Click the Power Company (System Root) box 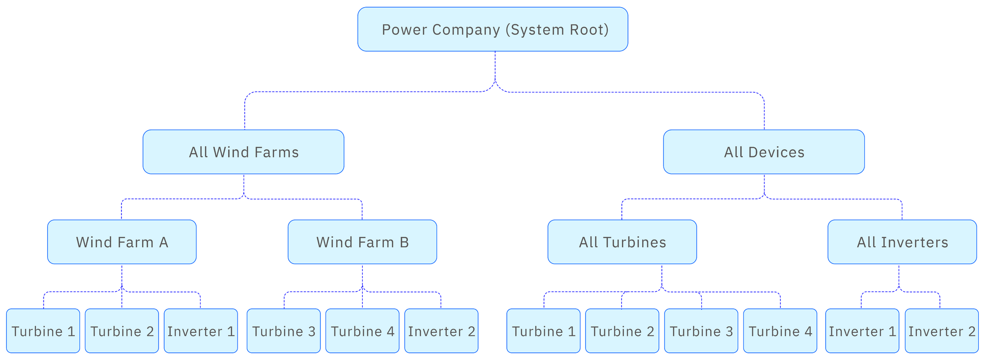tap(493, 30)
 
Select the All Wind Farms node tap(244, 152)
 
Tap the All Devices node tap(764, 152)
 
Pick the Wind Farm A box tap(122, 242)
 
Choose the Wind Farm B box tap(362, 242)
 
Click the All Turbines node tap(622, 242)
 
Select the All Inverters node tap(902, 242)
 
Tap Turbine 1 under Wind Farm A tap(44, 331)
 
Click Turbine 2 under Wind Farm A tap(122, 331)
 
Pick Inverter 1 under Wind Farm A tap(201, 331)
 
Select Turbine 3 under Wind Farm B tap(284, 331)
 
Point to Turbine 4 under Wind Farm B tap(362, 331)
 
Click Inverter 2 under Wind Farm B tap(442, 331)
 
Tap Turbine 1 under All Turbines tap(544, 331)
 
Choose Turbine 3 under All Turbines tap(701, 331)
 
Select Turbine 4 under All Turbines tap(780, 331)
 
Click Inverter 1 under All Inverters tap(862, 331)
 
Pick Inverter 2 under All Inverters tap(942, 331)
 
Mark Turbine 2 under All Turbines tap(622, 331)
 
